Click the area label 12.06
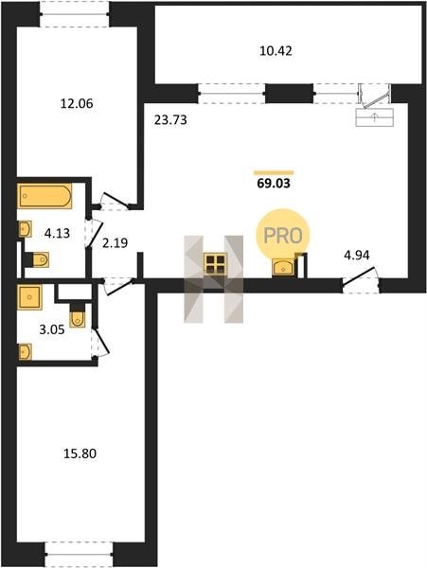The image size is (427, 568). pyautogui.click(x=77, y=104)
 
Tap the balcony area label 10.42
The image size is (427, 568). pyautogui.click(x=276, y=51)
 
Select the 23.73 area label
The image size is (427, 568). pyautogui.click(x=170, y=120)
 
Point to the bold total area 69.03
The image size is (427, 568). pyautogui.click(x=274, y=184)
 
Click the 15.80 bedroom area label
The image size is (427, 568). pyautogui.click(x=80, y=453)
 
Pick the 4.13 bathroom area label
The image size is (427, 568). pyautogui.click(x=57, y=233)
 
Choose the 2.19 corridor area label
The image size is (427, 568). pyautogui.click(x=115, y=243)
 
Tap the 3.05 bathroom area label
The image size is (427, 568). pyautogui.click(x=52, y=329)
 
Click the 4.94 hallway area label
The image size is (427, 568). pyautogui.click(x=357, y=256)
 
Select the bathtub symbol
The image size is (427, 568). pyautogui.click(x=44, y=196)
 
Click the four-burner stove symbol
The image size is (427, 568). pyautogui.click(x=216, y=263)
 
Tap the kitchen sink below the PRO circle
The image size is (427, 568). pyautogui.click(x=284, y=268)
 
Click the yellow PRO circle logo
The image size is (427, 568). pyautogui.click(x=283, y=236)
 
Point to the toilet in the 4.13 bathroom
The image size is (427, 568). pyautogui.click(x=37, y=259)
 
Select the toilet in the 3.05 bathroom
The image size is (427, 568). pyautogui.click(x=77, y=315)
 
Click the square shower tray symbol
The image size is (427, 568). pyautogui.click(x=29, y=297)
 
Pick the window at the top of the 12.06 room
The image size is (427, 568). pyautogui.click(x=75, y=14)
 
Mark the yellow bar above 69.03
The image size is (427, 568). pyautogui.click(x=274, y=173)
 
